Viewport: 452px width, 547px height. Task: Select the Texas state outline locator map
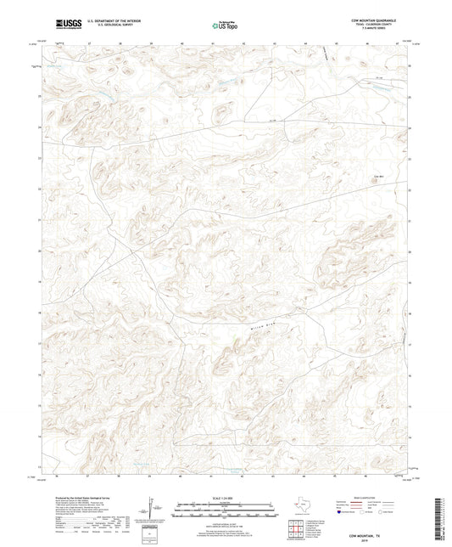(299, 507)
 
